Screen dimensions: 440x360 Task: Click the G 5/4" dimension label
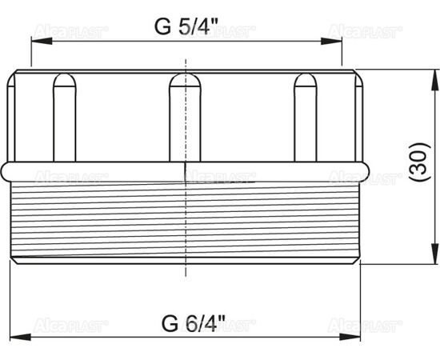[186, 26]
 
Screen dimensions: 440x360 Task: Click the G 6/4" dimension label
[194, 323]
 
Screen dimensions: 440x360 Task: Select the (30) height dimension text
[420, 162]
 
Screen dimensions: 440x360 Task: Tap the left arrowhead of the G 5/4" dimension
[42, 41]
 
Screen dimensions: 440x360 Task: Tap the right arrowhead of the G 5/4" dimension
[331, 41]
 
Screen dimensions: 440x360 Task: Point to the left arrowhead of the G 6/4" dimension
[20, 337]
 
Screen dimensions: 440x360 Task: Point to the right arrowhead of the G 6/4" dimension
[350, 337]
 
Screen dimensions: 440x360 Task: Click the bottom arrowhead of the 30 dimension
[435, 254]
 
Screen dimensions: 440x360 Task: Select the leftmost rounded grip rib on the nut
[64, 118]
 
